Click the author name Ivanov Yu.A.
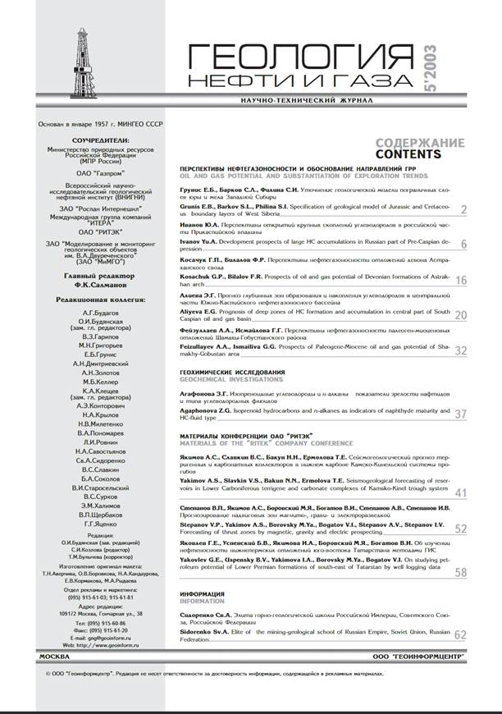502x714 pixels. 202,245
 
